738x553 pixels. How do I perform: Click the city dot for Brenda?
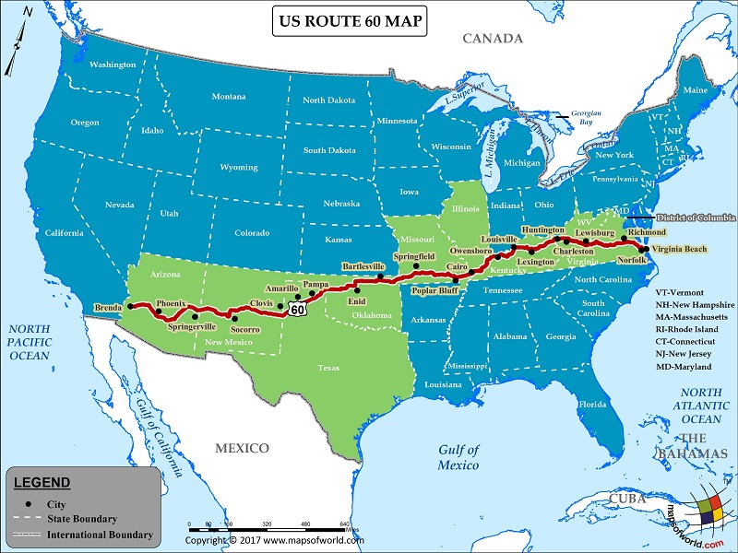point(131,306)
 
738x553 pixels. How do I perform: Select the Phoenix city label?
point(171,302)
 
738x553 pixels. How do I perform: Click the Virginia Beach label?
point(681,249)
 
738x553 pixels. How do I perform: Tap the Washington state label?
point(113,65)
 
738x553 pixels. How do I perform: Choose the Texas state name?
point(328,367)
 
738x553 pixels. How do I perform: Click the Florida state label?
point(591,405)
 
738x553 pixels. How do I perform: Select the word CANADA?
point(493,39)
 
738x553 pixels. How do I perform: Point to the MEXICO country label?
point(242,448)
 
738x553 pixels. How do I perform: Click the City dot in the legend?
point(29,504)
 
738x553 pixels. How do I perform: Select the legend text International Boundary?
point(100,535)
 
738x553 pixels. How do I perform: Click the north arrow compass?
point(18,52)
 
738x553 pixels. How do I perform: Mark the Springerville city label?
point(192,326)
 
